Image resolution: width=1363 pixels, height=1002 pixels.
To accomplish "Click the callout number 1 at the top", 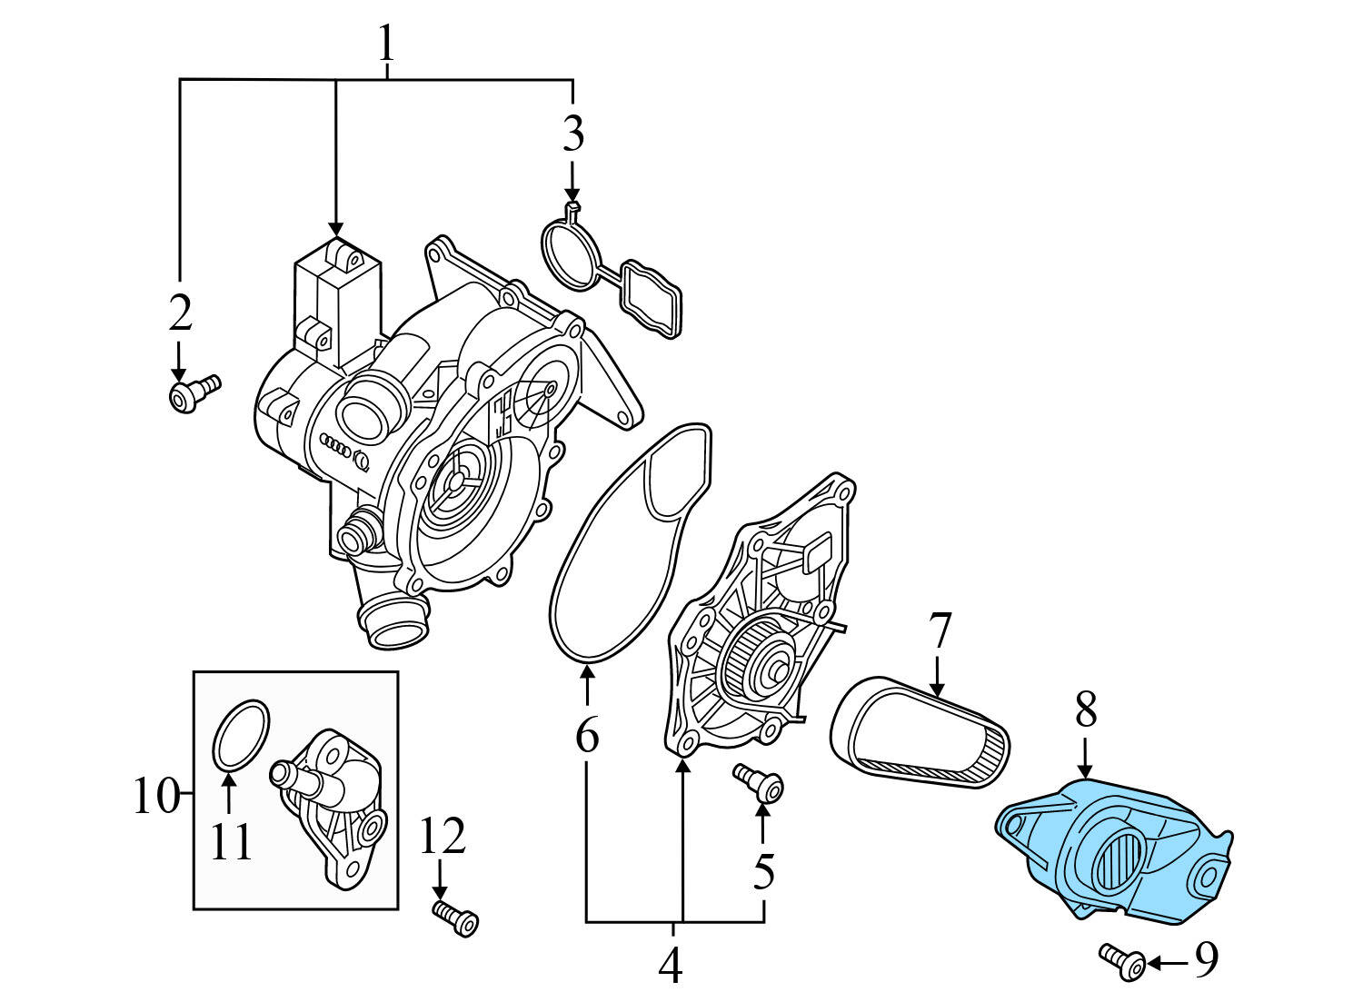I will (387, 43).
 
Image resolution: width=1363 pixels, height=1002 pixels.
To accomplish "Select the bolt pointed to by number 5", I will (761, 783).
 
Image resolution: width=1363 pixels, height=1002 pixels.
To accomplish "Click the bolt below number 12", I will (457, 918).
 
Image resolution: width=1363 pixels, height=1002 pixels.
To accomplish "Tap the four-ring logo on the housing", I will (340, 446).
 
